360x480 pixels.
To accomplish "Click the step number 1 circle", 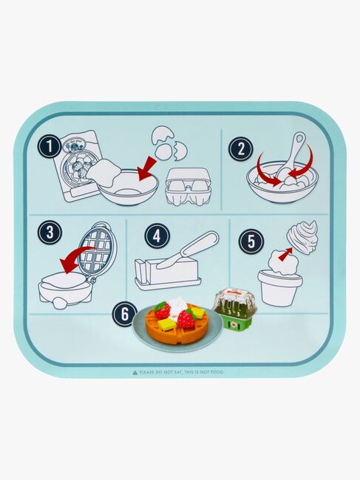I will point(50,146).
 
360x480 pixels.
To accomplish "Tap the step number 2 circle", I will point(240,149).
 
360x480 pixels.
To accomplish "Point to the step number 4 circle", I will point(157,236).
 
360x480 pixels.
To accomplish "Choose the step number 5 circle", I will point(251,241).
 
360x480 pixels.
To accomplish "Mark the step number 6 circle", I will point(124,315).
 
